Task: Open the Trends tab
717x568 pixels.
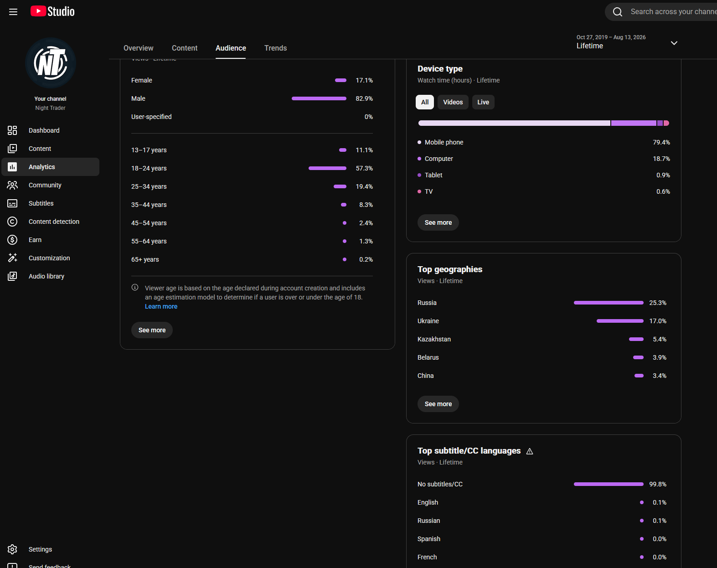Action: (x=275, y=48)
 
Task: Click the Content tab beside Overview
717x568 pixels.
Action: (x=185, y=48)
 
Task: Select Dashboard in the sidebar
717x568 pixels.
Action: (x=44, y=130)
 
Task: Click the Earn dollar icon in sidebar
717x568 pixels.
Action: (x=12, y=240)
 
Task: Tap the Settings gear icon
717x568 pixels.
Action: (x=12, y=549)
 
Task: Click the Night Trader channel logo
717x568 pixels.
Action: (x=51, y=63)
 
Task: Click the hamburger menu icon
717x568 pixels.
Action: (x=13, y=12)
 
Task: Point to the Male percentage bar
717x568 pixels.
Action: (x=319, y=98)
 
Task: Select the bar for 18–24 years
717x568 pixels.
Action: (x=327, y=168)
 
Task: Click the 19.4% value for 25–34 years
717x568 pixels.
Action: (x=364, y=186)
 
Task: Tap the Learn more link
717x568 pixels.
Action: (x=161, y=306)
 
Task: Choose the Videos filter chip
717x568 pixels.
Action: (x=453, y=102)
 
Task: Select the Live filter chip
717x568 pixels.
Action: (x=483, y=102)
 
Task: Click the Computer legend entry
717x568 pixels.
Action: (x=438, y=159)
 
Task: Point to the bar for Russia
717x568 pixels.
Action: (x=609, y=303)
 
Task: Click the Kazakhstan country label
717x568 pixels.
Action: (x=434, y=339)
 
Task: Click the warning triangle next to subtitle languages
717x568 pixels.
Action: (x=529, y=451)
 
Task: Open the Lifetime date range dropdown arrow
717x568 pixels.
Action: (x=674, y=43)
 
